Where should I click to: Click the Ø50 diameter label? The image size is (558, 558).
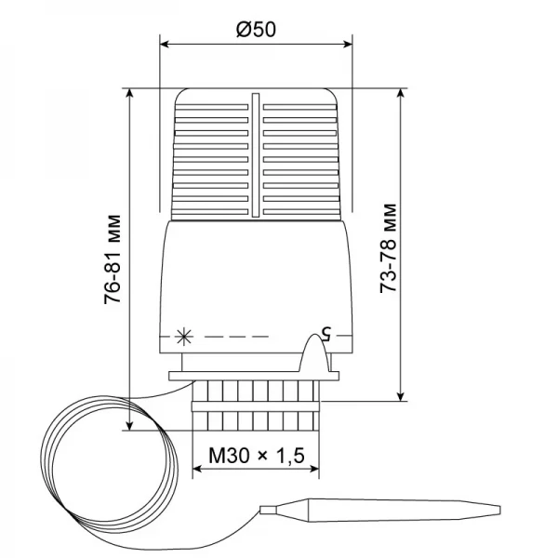257,29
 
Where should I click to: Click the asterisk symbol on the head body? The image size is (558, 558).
180,335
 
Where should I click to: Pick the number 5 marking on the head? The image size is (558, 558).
325,331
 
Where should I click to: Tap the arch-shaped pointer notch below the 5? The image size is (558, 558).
313,357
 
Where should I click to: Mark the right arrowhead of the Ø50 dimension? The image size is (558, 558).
349,43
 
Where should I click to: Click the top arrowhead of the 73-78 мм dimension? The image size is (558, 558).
401,94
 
